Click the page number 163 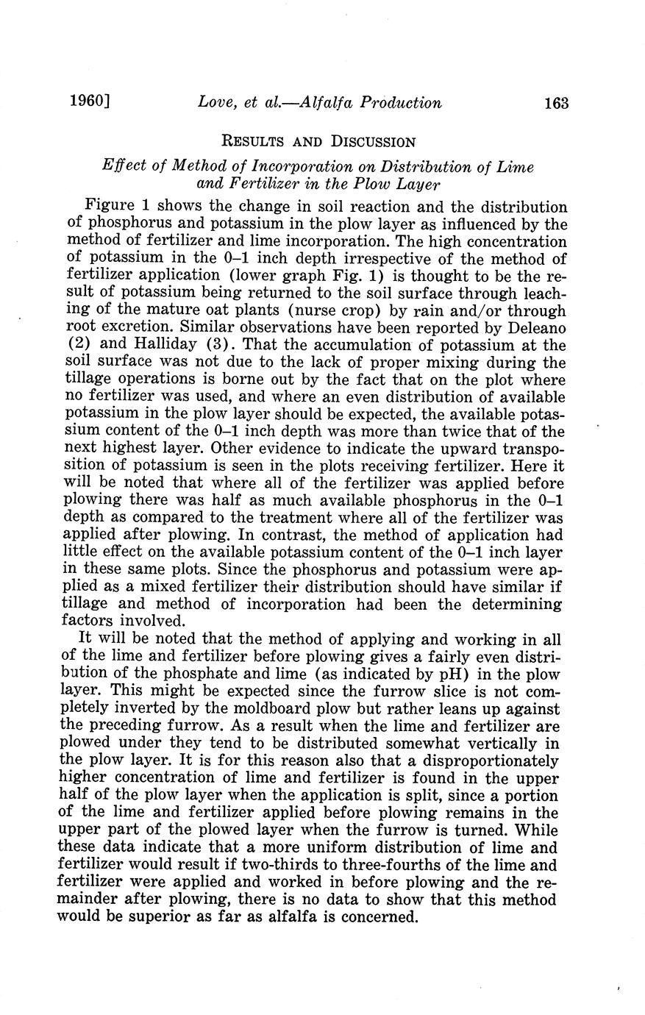point(556,103)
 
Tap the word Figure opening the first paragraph point(109,207)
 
